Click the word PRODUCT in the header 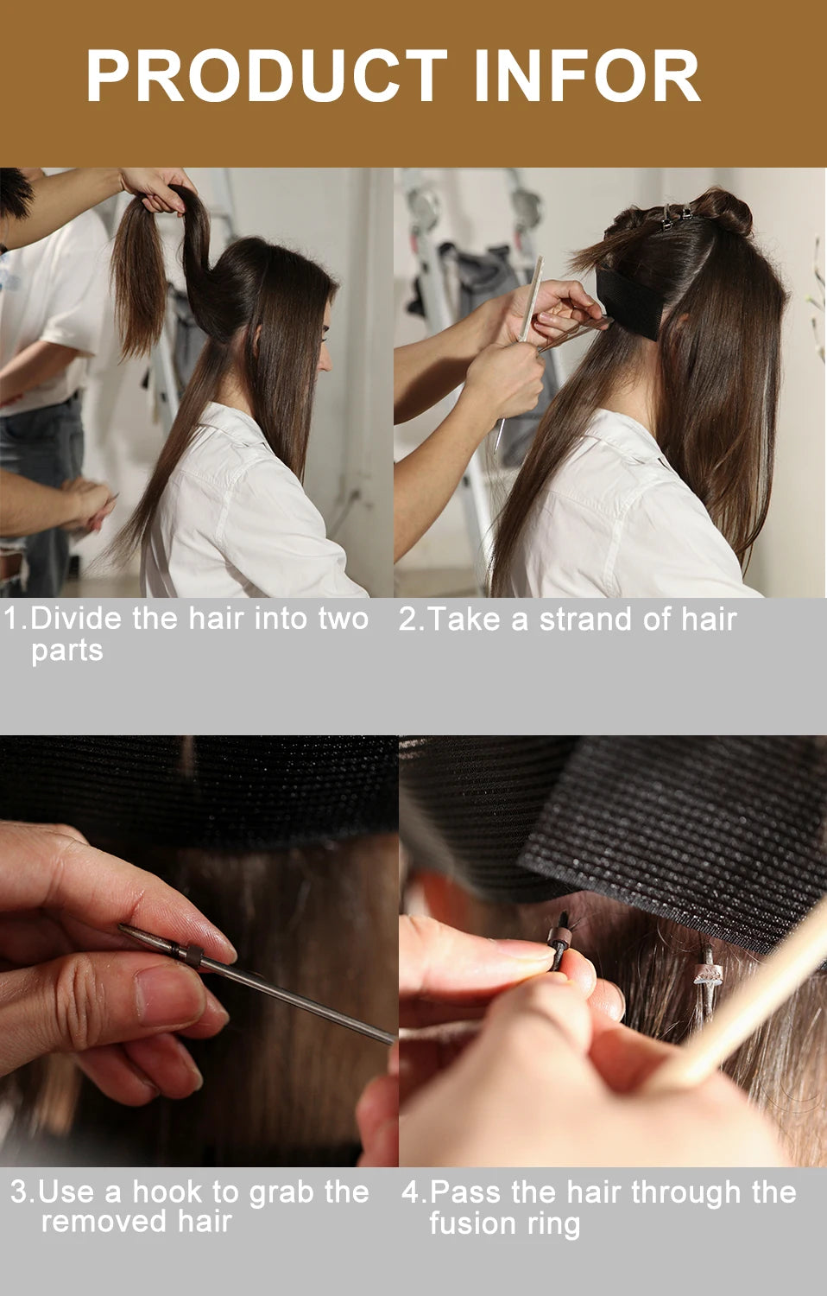(x=266, y=76)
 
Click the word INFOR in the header (x=587, y=76)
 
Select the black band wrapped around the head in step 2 (x=630, y=302)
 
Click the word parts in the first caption (x=66, y=651)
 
